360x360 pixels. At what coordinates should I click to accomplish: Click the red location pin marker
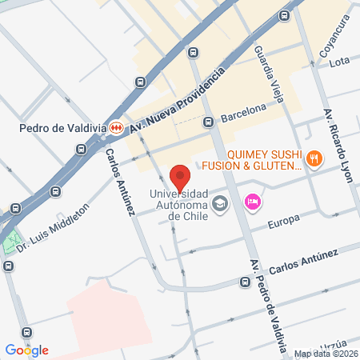(x=180, y=177)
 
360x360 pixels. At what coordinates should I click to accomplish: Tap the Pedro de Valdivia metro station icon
(x=117, y=126)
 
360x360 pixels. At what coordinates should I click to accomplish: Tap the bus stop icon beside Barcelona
(x=208, y=122)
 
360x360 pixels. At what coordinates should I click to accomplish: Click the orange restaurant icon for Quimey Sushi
(x=314, y=158)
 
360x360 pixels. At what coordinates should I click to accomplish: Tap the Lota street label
(x=341, y=60)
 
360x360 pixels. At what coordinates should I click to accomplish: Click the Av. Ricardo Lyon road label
(x=338, y=145)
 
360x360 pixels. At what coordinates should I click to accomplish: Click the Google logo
(x=26, y=350)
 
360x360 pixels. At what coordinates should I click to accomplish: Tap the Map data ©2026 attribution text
(x=324, y=354)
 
